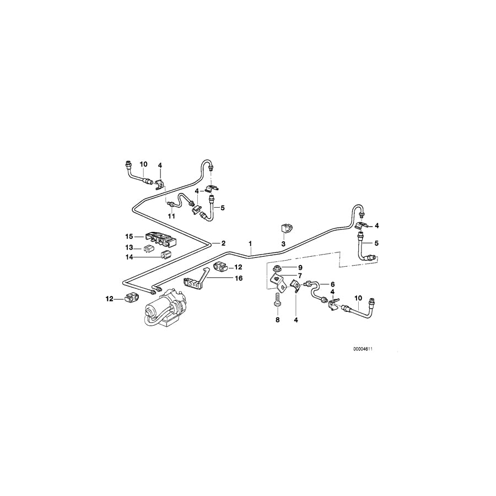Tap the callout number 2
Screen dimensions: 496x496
pyautogui.click(x=223, y=242)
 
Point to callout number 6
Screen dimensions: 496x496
pyautogui.click(x=332, y=284)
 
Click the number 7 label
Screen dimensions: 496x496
pyautogui.click(x=300, y=276)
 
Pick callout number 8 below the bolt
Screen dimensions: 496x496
pyautogui.click(x=277, y=319)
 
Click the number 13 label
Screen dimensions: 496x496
pyautogui.click(x=128, y=247)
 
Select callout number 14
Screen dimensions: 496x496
pyautogui.click(x=128, y=256)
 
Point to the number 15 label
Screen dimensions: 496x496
pyautogui.click(x=128, y=238)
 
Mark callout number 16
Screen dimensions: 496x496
pyautogui.click(x=238, y=279)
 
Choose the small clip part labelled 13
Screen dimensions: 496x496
pyautogui.click(x=149, y=247)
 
